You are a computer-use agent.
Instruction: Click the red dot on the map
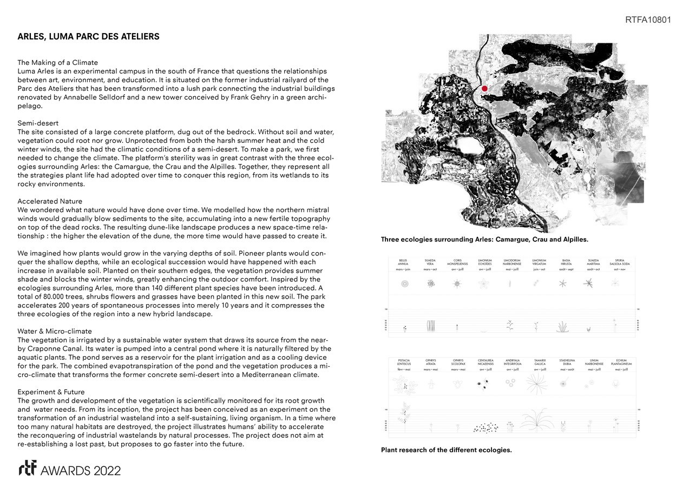pyautogui.click(x=484, y=88)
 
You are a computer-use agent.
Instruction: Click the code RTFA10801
pyautogui.click(x=648, y=20)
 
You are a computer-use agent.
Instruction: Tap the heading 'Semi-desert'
pyautogui.click(x=38, y=123)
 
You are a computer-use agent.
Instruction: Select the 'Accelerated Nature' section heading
pyautogui.click(x=50, y=201)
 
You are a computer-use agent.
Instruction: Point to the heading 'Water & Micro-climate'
pyautogui.click(x=55, y=331)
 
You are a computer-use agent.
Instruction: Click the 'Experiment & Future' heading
pyautogui.click(x=51, y=392)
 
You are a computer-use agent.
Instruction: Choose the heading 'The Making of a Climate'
pyautogui.click(x=57, y=63)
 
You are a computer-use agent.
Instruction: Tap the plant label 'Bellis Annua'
pyautogui.click(x=403, y=262)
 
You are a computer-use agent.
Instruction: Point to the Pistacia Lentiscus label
pyautogui.click(x=404, y=362)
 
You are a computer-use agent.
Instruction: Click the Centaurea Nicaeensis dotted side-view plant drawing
pyautogui.click(x=485, y=427)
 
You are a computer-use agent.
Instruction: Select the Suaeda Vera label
pyautogui.click(x=430, y=262)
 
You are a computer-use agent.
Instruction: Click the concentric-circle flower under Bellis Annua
pyautogui.click(x=404, y=284)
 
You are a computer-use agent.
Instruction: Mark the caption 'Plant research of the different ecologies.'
pyautogui.click(x=446, y=450)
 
